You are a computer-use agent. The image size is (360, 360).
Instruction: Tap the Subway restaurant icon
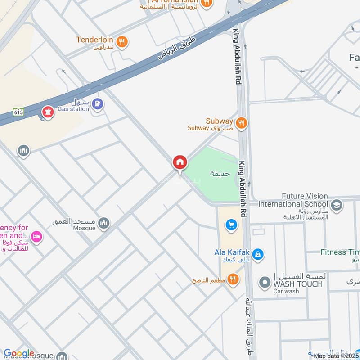click(x=242, y=123)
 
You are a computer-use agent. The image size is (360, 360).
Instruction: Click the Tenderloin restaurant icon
click(x=121, y=42)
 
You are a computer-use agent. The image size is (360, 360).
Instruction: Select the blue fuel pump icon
click(x=98, y=104)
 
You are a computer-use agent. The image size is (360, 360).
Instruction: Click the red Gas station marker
click(x=47, y=111)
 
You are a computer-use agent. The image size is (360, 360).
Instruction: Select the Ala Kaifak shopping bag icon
click(x=257, y=255)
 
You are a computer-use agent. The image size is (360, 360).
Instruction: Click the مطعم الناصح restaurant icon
click(x=233, y=279)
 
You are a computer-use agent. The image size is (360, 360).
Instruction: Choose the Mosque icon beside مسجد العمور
click(x=103, y=224)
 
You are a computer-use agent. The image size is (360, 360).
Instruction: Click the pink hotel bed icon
click(x=36, y=236)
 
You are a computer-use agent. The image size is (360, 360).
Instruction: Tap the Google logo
click(x=19, y=353)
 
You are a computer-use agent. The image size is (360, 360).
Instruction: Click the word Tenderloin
click(x=94, y=40)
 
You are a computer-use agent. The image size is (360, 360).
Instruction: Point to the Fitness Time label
click(x=340, y=252)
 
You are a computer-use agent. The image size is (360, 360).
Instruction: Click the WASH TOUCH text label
click(x=297, y=284)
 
